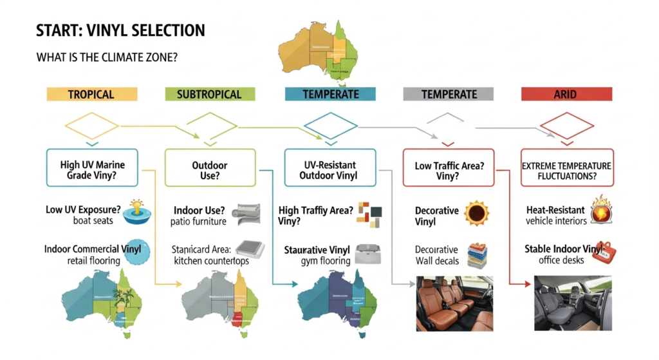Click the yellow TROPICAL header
tap(91, 94)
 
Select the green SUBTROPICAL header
tap(209, 94)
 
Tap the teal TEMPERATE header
tap(331, 94)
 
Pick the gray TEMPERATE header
tap(448, 94)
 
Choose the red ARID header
tap(566, 94)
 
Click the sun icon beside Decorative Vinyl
tap(478, 213)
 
